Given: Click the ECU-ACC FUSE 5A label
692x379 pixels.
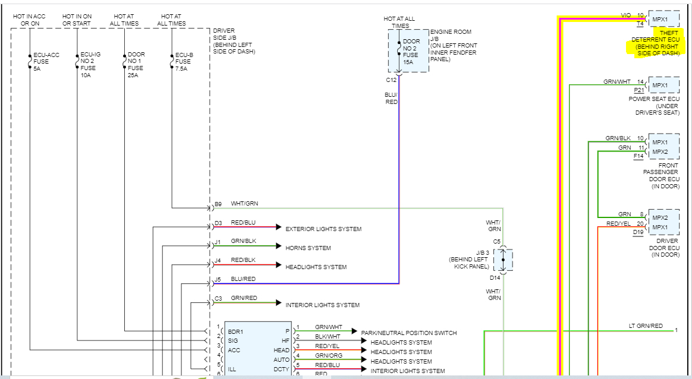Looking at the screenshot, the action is (x=46, y=62).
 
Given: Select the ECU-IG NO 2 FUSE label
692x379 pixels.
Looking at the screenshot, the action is (x=90, y=64).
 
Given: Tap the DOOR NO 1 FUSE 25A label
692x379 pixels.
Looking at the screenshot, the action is (x=136, y=64).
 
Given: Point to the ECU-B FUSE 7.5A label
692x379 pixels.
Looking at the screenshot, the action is (x=184, y=62).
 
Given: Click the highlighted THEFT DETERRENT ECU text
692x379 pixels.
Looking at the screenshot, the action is (x=655, y=43).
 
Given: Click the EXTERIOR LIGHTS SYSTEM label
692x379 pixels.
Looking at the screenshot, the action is (x=323, y=229).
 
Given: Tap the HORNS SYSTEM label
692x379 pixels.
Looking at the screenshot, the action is (x=308, y=248).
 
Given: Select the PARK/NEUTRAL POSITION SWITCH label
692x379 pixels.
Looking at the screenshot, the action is (x=408, y=333).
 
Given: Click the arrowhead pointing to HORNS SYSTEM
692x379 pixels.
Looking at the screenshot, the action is (x=278, y=246).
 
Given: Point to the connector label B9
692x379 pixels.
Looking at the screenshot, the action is (x=218, y=204).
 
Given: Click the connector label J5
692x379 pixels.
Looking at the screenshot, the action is (x=218, y=280).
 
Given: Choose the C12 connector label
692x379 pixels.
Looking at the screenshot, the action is (x=391, y=80).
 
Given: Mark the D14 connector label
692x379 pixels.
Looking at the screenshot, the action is (x=495, y=277).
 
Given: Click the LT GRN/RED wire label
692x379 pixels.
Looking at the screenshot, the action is (x=646, y=326).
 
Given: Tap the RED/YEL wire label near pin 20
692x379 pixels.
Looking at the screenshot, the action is (x=618, y=224).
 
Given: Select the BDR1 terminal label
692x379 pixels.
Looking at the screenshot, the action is (x=235, y=332).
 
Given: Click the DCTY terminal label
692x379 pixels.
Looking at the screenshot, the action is (x=281, y=369).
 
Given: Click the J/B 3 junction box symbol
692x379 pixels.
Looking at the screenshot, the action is (x=503, y=260).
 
